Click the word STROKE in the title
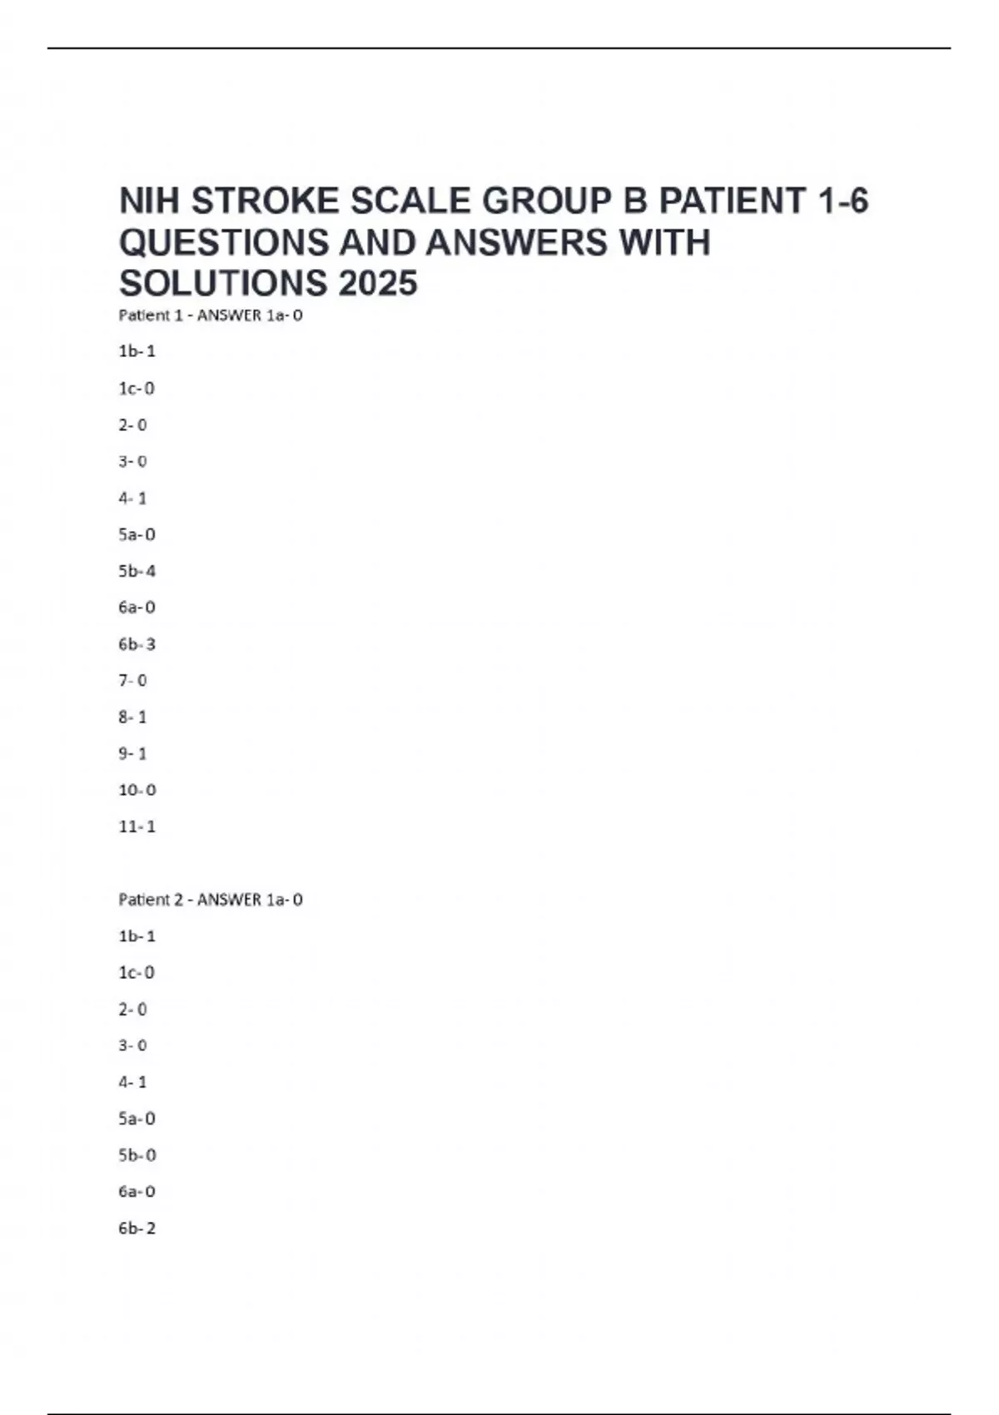pyautogui.click(x=266, y=201)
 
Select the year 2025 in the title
pyautogui.click(x=378, y=283)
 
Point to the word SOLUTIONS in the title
pyautogui.click(x=223, y=283)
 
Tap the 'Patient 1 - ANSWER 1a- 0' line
pyautogui.click(x=211, y=315)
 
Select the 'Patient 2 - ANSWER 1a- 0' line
pyautogui.click(x=211, y=900)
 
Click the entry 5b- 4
pyautogui.click(x=137, y=571)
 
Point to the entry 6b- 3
pyautogui.click(x=137, y=644)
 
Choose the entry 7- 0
pyautogui.click(x=132, y=681)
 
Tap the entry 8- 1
pyautogui.click(x=132, y=717)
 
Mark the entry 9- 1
pyautogui.click(x=132, y=753)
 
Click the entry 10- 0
pyautogui.click(x=137, y=790)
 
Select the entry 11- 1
pyautogui.click(x=137, y=827)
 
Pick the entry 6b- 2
pyautogui.click(x=137, y=1228)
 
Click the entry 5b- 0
pyautogui.click(x=137, y=1155)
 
